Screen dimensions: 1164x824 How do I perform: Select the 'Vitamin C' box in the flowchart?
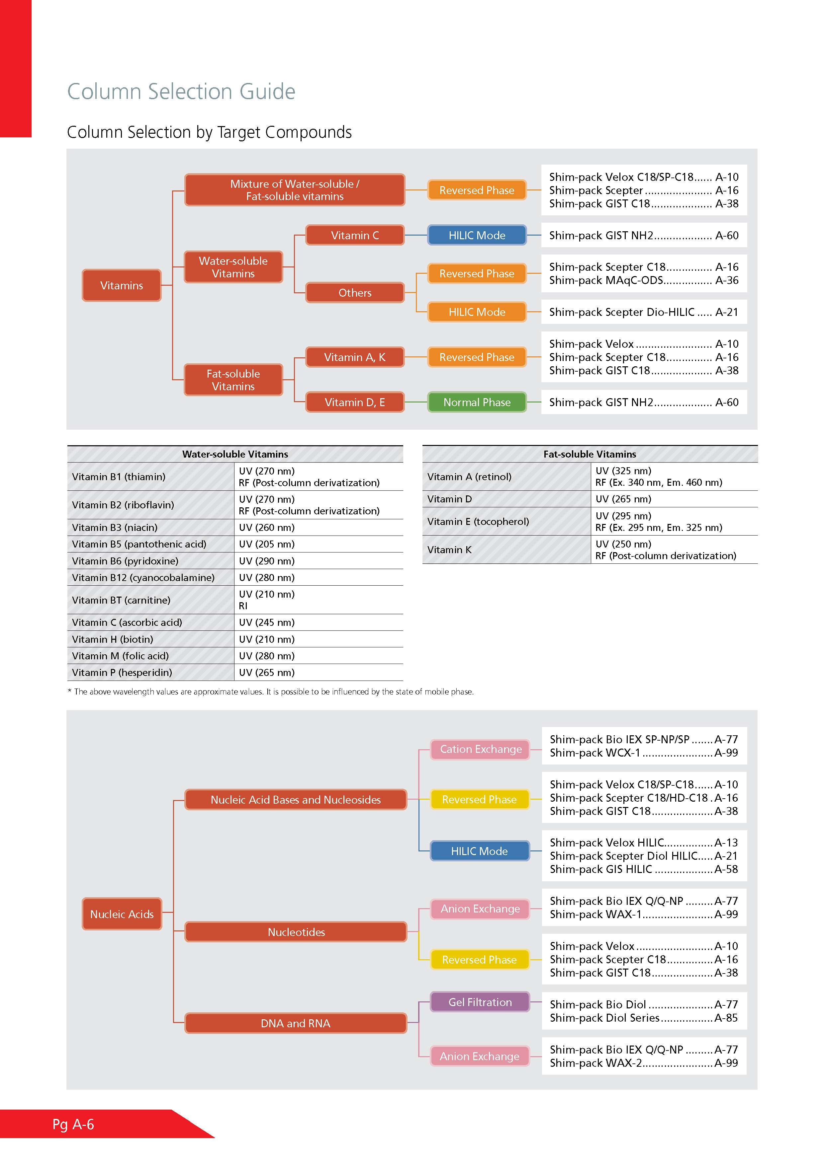coord(355,235)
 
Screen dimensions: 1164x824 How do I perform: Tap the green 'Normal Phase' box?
coord(477,402)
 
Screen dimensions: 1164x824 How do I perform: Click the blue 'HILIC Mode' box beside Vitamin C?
coord(477,235)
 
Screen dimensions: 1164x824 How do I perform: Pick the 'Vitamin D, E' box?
coord(355,402)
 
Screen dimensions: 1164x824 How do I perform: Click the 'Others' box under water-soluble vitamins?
coord(355,293)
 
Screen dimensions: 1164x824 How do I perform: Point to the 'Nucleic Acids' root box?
coord(122,914)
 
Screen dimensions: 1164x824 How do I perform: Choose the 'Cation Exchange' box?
coord(480,749)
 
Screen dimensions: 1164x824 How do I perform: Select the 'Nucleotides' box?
coord(296,932)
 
